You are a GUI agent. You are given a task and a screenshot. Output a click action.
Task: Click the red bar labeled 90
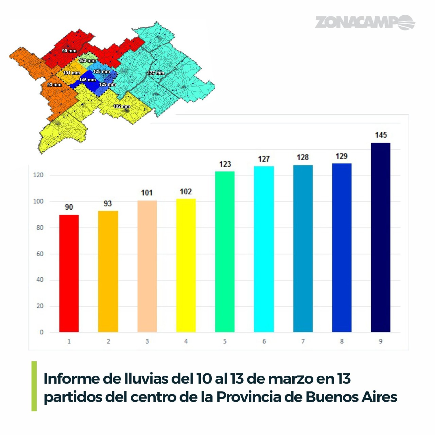pyautogui.click(x=69, y=273)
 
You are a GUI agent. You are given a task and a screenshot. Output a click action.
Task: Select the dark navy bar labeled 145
pyautogui.click(x=380, y=237)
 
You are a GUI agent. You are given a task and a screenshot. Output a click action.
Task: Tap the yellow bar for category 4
pyautogui.click(x=186, y=265)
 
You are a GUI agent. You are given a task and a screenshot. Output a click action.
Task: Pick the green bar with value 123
pyautogui.click(x=225, y=252)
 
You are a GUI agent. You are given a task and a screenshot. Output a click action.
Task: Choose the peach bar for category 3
pyautogui.click(x=147, y=266)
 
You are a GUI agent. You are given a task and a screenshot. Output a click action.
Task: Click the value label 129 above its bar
pyautogui.click(x=342, y=156)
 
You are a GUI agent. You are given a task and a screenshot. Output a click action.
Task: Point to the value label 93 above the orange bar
pyautogui.click(x=108, y=204)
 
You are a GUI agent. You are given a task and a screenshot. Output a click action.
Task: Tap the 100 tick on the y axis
pyautogui.click(x=38, y=202)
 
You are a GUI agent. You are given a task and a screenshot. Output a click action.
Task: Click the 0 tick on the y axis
pyautogui.click(x=41, y=332)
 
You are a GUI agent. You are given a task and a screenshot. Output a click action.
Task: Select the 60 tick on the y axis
pyautogui.click(x=40, y=254)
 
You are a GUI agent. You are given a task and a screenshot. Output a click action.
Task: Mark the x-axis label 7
pyautogui.click(x=303, y=341)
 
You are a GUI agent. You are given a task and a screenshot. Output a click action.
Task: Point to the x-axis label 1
pyautogui.click(x=69, y=341)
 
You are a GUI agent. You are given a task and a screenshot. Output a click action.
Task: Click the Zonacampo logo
pyautogui.click(x=365, y=22)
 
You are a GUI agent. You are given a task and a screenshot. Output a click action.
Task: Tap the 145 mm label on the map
pyautogui.click(x=87, y=80)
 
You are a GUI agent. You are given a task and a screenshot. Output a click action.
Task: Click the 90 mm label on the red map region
pyautogui.click(x=69, y=51)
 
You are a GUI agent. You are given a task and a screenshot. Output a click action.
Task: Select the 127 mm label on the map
pyautogui.click(x=156, y=73)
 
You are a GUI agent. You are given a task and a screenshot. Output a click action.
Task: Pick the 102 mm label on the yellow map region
pyautogui.click(x=121, y=107)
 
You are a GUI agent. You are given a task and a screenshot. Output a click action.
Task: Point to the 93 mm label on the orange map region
pyautogui.click(x=54, y=85)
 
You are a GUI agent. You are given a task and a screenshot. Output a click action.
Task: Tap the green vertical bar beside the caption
pyautogui.click(x=34, y=386)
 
